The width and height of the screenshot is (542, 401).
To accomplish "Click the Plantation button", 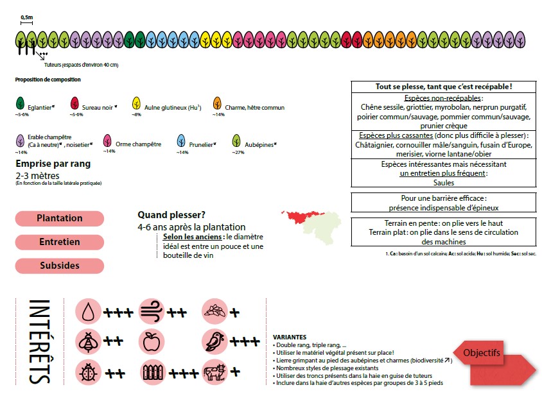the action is pos(60,218).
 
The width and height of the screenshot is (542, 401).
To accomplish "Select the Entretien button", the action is pos(60,242).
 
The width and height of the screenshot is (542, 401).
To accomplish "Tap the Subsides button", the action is pos(60,266).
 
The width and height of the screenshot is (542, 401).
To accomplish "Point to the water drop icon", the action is pos(88,312).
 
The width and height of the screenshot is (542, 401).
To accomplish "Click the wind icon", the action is pos(152,312).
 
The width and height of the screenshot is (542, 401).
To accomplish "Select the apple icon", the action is pos(152,342).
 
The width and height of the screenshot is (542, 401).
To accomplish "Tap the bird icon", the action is pos(214,342).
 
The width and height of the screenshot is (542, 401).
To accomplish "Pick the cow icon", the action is pos(214,372).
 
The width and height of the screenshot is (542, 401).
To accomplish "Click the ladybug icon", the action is pos(88,372).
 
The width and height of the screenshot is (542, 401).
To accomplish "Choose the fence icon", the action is pos(152,372).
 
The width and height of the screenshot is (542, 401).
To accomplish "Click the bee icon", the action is pos(88,342).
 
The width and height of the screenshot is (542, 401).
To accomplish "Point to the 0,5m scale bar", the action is pos(26,23).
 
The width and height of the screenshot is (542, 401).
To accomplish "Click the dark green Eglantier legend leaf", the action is pos(21,103).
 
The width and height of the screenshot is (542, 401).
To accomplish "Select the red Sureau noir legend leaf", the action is pos(74,103).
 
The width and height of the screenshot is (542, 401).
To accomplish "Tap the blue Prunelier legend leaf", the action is pos(181,141).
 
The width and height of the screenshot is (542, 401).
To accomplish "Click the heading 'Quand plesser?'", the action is pos(171,215).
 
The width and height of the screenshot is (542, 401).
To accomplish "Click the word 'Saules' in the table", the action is pos(444,182).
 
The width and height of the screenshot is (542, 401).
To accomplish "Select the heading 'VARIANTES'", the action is pos(290,337).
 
